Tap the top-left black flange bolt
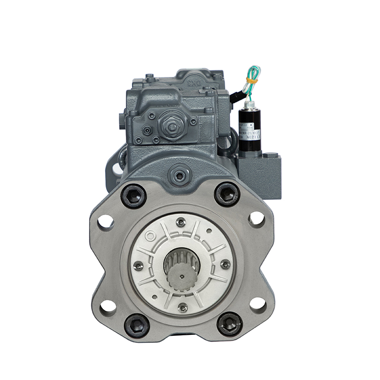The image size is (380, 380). pos(133,195)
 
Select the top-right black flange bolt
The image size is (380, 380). pos(227,194)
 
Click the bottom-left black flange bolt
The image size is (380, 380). pos(137,325)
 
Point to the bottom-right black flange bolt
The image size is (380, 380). pos(230,325)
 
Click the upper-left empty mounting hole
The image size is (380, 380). pos(106,222)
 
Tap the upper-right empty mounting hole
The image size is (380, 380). pos(256,218)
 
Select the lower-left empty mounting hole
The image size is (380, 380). pos(107,306)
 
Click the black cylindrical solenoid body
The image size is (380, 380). pos(249,126)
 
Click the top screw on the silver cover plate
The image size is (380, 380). pos(180,222)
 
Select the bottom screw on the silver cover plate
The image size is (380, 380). pos(182,307)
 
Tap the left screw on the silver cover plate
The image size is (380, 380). pos(138,266)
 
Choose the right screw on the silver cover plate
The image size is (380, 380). pos(225,264)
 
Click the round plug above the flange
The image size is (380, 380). pos(180,175)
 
